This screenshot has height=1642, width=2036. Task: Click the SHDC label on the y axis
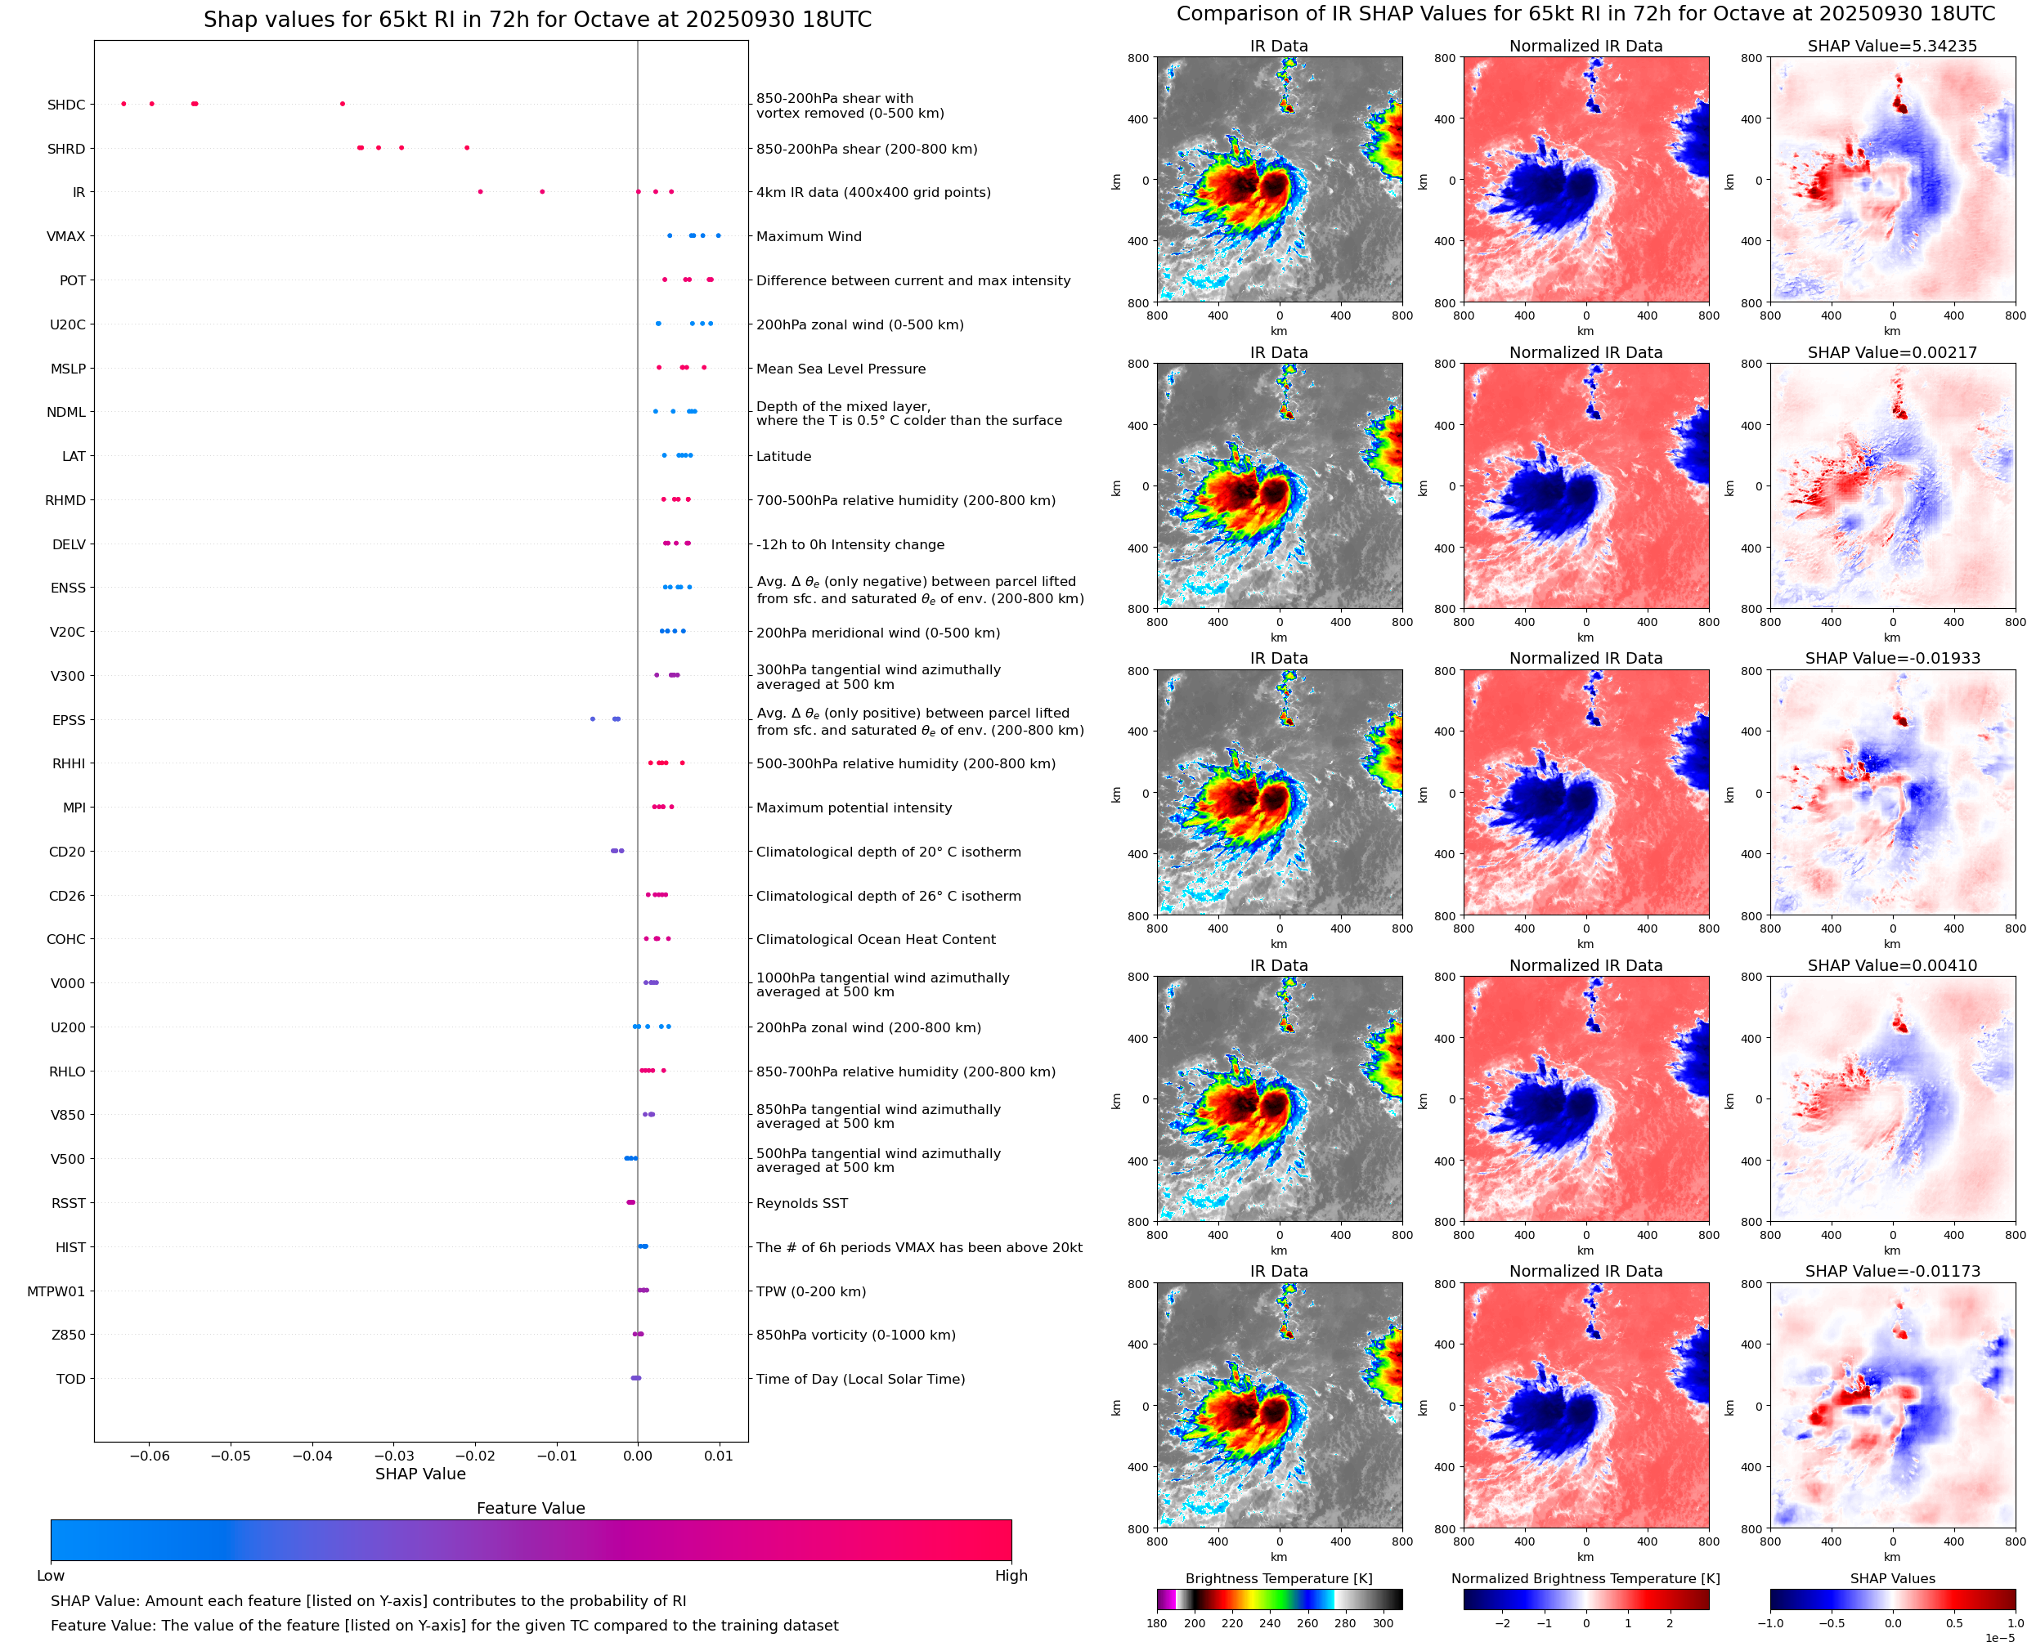pos(66,105)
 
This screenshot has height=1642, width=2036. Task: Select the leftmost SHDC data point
pos(124,104)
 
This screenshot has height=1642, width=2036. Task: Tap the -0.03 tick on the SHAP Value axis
pos(393,1456)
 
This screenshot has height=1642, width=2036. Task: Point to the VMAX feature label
pos(66,236)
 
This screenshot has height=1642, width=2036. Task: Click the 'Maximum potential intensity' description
pos(854,808)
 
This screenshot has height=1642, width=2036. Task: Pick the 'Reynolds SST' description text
pos(801,1203)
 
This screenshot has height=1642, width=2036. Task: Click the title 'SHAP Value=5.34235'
pos(1891,47)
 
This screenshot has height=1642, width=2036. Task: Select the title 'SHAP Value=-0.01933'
pos(1891,658)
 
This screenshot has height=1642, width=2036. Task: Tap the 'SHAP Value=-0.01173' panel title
pos(1891,1271)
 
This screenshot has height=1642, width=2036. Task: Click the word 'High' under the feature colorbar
pos(1011,1576)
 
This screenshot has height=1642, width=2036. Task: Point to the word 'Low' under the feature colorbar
pos(51,1576)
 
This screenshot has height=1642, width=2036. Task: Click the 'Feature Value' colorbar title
pos(531,1509)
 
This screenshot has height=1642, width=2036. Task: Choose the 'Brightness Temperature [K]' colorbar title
pos(1278,1578)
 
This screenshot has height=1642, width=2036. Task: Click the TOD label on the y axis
pos(71,1379)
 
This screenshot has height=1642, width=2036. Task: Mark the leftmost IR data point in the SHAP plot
pos(481,192)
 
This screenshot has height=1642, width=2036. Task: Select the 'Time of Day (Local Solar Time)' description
pos(860,1379)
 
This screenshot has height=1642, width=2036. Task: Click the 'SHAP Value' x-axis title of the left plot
pos(420,1474)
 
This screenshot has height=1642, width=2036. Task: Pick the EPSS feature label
pos(69,720)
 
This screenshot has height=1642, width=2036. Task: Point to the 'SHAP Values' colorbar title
pos(1892,1578)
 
